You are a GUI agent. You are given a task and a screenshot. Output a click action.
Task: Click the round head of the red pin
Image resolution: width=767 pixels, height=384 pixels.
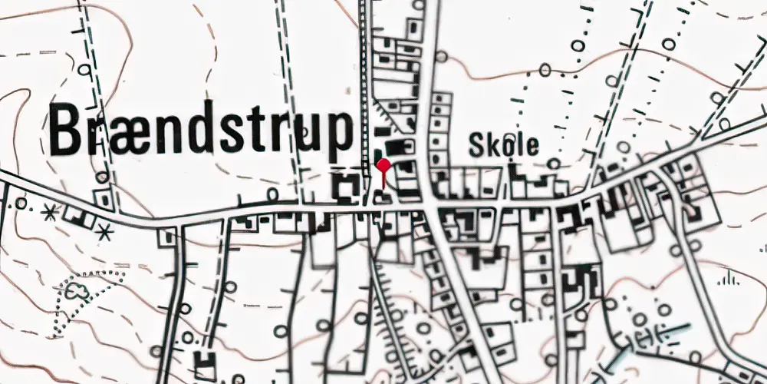click(383, 165)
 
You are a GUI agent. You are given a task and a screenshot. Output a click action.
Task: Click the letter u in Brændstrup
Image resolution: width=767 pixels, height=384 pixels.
click(307, 132)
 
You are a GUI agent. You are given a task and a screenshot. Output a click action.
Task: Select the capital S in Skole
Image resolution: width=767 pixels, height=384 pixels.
click(476, 144)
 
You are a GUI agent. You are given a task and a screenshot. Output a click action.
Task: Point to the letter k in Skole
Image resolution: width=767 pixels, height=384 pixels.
click(492, 144)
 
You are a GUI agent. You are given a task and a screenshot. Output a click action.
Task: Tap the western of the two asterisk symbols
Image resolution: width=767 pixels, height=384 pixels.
click(51, 214)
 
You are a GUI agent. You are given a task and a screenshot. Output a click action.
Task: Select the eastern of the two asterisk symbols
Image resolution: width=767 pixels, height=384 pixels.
click(105, 229)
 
